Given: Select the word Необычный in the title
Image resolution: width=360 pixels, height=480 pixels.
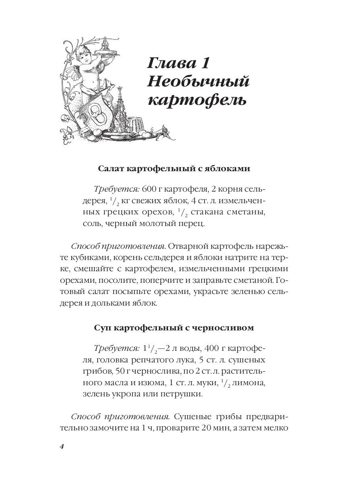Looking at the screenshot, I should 198,82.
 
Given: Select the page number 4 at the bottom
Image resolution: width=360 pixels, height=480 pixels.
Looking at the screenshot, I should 62,446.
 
